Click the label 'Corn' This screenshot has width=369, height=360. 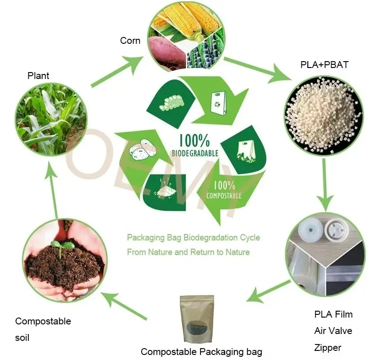pos(130,41)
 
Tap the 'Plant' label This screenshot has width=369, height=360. pos(38,75)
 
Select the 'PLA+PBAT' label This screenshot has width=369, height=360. pos(324,65)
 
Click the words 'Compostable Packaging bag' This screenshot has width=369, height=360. pos(201,352)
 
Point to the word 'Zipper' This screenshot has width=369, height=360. pos(327,348)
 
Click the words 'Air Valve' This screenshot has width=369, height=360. pos(333,331)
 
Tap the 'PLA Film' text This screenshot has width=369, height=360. pos(333,314)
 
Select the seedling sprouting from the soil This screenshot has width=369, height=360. pos(62,246)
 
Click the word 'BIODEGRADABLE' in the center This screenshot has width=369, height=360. pos(195,153)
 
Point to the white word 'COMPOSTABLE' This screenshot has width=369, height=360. pos(224,196)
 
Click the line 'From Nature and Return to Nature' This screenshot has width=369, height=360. pos(188,252)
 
